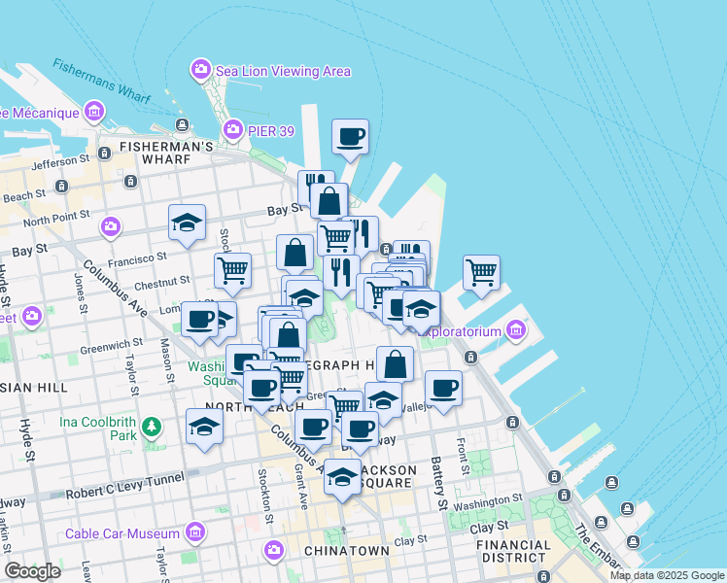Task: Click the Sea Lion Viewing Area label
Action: pos(283,71)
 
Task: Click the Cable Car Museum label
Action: pos(122,533)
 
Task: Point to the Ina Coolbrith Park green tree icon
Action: pos(151,426)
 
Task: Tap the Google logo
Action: pos(32,570)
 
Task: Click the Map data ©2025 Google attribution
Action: pos(668,575)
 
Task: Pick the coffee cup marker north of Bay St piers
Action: pos(350,137)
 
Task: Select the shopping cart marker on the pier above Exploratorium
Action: pos(481,272)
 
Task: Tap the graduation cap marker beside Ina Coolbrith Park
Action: pos(204,427)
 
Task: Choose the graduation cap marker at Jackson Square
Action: pos(341,476)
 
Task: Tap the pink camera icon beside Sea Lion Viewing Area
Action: pos(200,70)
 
